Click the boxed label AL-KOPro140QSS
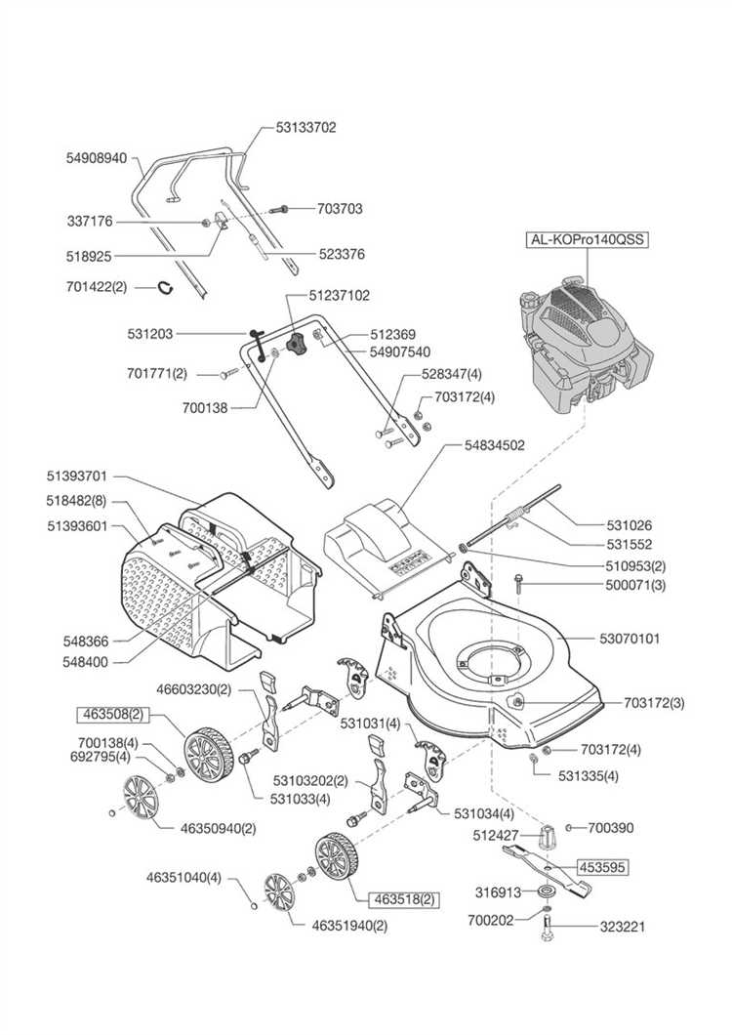[x=587, y=239]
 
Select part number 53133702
[x=305, y=127]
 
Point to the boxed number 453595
[x=602, y=867]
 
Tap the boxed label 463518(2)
[x=404, y=899]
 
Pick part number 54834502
[x=495, y=445]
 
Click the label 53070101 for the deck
[x=629, y=639]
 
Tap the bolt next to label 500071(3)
[x=520, y=584]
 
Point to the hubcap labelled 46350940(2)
[x=142, y=798]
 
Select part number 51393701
[x=76, y=476]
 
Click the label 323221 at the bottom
[x=623, y=926]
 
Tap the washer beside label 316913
[x=546, y=891]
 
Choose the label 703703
[x=340, y=209]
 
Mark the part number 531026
[x=629, y=525]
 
